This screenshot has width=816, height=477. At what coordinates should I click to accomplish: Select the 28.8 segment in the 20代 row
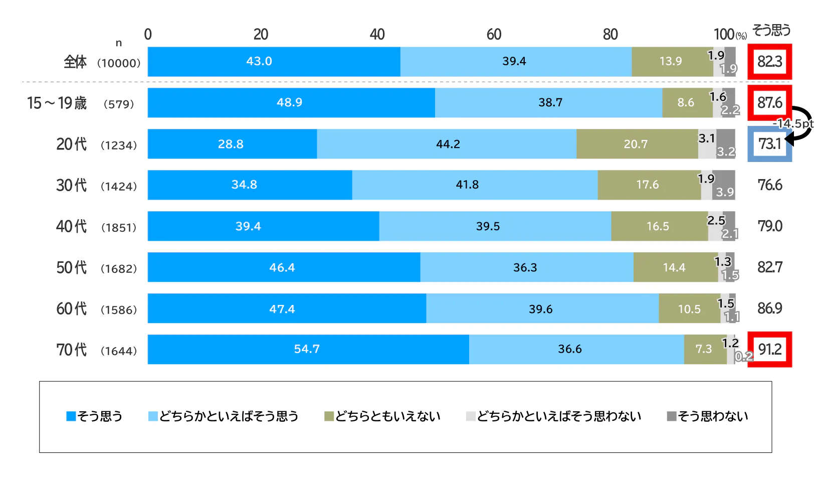pos(232,144)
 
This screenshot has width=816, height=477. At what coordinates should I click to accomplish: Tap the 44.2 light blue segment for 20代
pos(447,144)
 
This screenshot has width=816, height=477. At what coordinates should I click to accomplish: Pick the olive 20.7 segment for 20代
pos(637,144)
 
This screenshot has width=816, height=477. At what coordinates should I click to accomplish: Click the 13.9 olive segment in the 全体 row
pos(671,61)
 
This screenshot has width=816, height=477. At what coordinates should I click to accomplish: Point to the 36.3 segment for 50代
pos(526,267)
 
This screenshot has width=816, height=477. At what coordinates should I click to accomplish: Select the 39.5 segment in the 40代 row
pos(489,226)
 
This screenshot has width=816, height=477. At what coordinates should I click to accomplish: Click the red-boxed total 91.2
pos(769,349)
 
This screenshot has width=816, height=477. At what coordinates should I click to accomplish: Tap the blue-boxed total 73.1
pos(769,144)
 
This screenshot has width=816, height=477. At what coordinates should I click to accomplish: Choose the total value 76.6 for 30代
pos(769,185)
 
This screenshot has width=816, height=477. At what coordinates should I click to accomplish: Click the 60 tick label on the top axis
pos(494,34)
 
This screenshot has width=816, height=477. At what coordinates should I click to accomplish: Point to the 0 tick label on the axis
pos(148,34)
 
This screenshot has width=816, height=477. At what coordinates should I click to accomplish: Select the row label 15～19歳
pos(57,103)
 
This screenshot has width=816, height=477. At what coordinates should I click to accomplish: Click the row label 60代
pos(71,308)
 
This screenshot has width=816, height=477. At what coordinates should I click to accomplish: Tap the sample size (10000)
pos(119,63)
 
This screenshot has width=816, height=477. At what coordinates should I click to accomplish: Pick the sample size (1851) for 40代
pos(119,227)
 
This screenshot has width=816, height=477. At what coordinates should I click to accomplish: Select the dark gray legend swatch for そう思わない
pos(672,416)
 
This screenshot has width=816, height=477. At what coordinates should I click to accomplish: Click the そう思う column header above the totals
pos(771,31)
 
